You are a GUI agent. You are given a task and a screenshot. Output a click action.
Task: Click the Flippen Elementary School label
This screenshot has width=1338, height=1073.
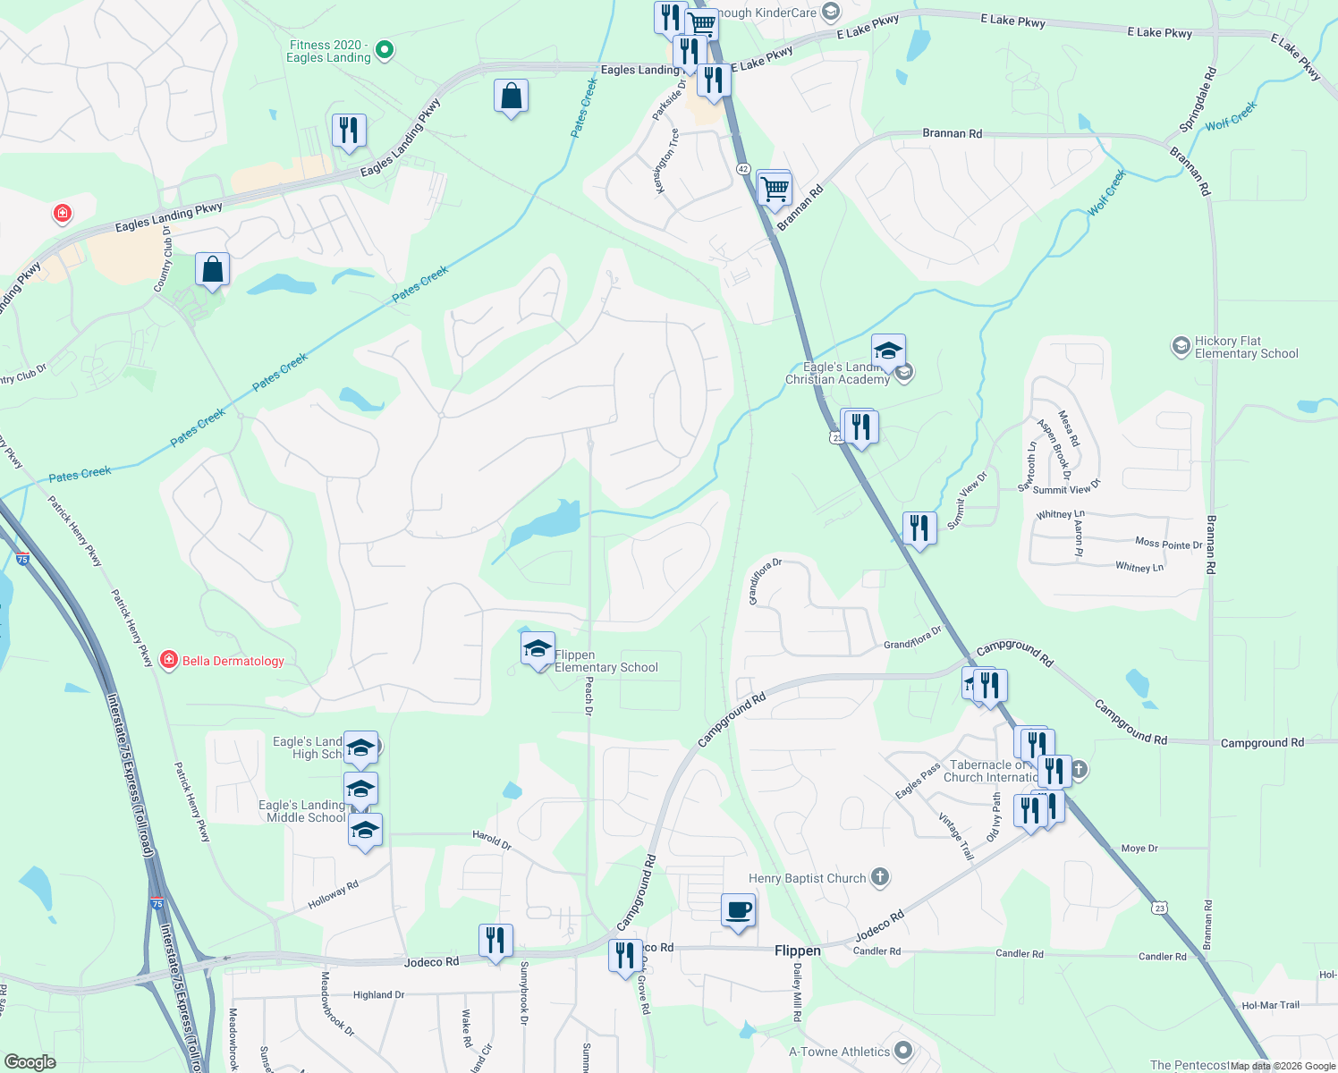tap(605, 662)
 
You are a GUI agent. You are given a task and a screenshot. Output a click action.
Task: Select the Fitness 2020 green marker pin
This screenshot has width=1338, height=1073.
tap(385, 50)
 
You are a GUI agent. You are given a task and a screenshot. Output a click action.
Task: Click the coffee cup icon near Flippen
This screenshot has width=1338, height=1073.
tap(738, 911)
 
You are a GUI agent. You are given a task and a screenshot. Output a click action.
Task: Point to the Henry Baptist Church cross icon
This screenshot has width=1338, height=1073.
tap(880, 877)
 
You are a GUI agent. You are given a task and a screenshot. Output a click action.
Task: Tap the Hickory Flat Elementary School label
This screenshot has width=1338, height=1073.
tap(1246, 348)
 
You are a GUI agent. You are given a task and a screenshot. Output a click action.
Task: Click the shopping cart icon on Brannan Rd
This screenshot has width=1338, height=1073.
tap(774, 189)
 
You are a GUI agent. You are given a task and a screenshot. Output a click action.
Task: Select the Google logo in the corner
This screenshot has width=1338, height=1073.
tap(30, 1062)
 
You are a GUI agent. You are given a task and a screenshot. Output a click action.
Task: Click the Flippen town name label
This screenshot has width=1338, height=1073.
tap(797, 950)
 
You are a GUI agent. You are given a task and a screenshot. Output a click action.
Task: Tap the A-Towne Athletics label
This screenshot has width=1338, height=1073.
tap(839, 1052)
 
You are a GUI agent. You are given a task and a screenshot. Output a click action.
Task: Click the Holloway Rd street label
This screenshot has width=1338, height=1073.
tap(333, 895)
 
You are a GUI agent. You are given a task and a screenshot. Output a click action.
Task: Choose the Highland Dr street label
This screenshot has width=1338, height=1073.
tap(378, 994)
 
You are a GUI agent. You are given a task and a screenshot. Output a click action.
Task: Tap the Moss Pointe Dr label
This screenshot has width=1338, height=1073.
tap(1168, 543)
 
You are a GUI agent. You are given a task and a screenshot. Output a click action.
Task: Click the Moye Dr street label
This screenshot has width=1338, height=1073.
tap(1139, 849)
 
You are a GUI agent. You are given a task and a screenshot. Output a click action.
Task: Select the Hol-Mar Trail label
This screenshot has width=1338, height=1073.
tap(1270, 1005)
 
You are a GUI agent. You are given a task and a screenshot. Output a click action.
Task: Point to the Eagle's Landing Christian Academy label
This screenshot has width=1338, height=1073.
tap(837, 374)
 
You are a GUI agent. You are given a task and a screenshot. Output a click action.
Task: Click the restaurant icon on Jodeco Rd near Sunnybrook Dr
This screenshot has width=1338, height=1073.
tap(495, 941)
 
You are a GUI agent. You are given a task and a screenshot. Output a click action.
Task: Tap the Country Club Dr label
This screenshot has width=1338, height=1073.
tap(163, 259)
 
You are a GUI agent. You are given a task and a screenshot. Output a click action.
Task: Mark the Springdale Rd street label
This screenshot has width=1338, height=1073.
tap(1198, 99)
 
